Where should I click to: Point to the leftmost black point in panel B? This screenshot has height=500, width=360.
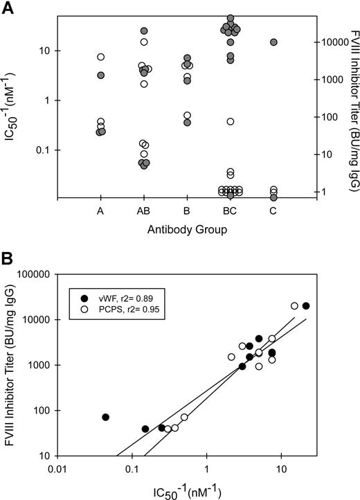(105, 417)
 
